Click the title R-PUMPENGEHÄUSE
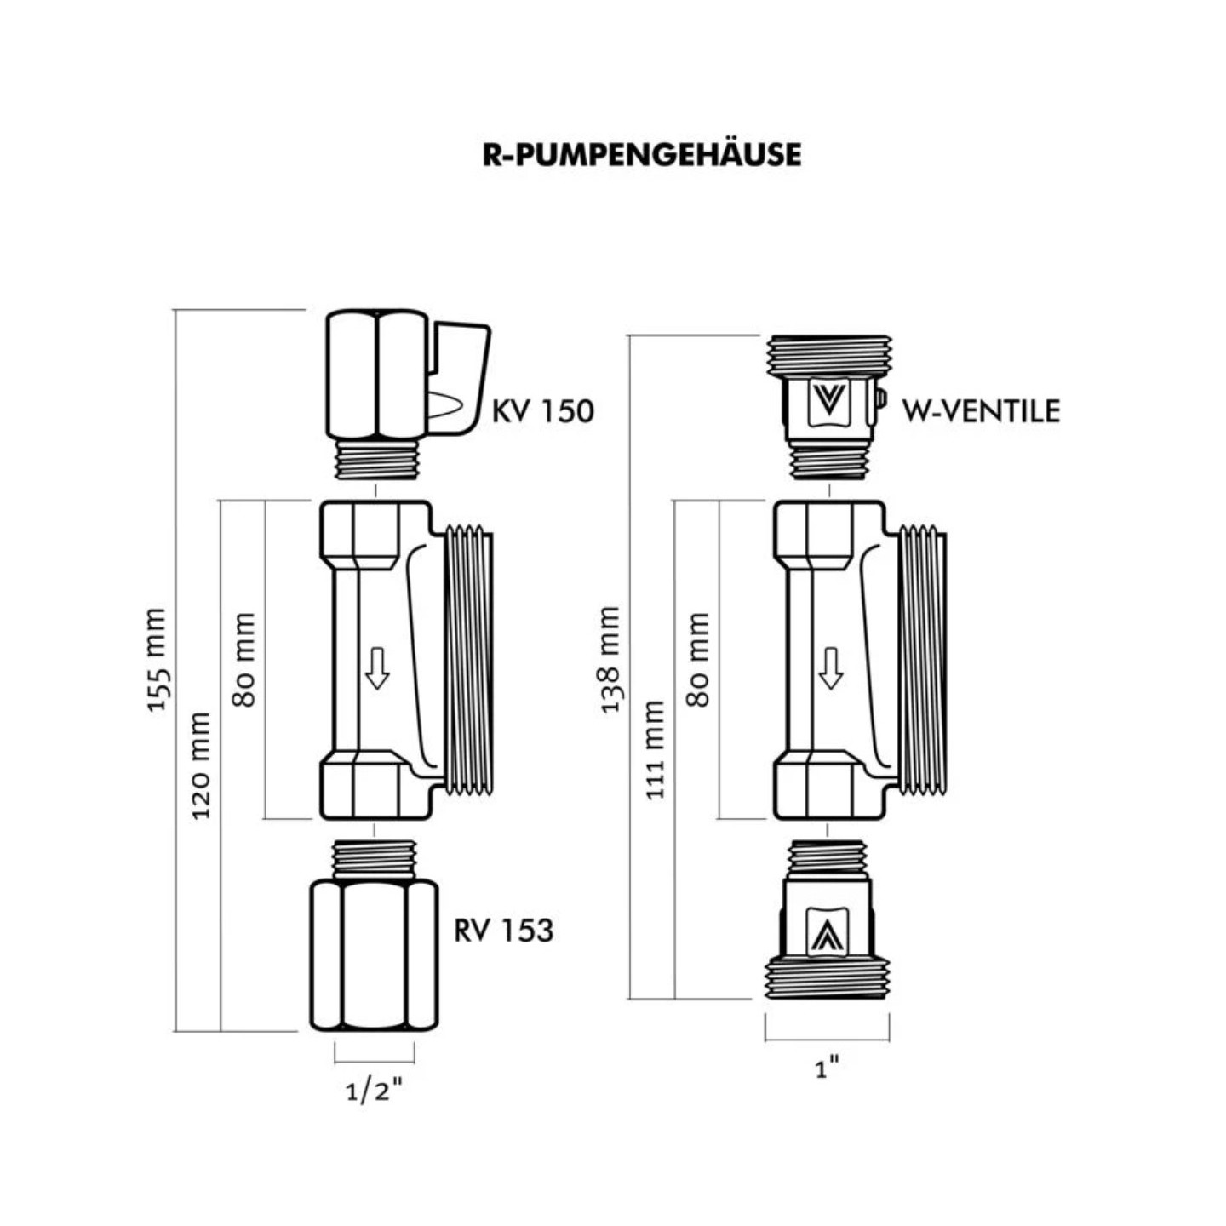tap(641, 155)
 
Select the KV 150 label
tap(542, 411)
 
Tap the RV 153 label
tap(503, 930)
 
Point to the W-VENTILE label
tap(981, 411)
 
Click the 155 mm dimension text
tap(158, 660)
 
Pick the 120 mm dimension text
tap(200, 766)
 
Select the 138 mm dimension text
tap(610, 660)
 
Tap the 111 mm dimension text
tap(654, 749)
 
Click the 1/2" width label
tap(374, 1091)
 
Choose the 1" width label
tap(828, 1068)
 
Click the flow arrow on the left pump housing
tap(377, 667)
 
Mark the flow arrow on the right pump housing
tap(831, 667)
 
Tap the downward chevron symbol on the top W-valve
tap(828, 399)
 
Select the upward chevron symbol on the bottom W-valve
tap(825, 935)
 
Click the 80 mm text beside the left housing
tap(244, 660)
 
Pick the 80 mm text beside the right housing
tap(698, 660)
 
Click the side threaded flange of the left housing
tap(468, 660)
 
